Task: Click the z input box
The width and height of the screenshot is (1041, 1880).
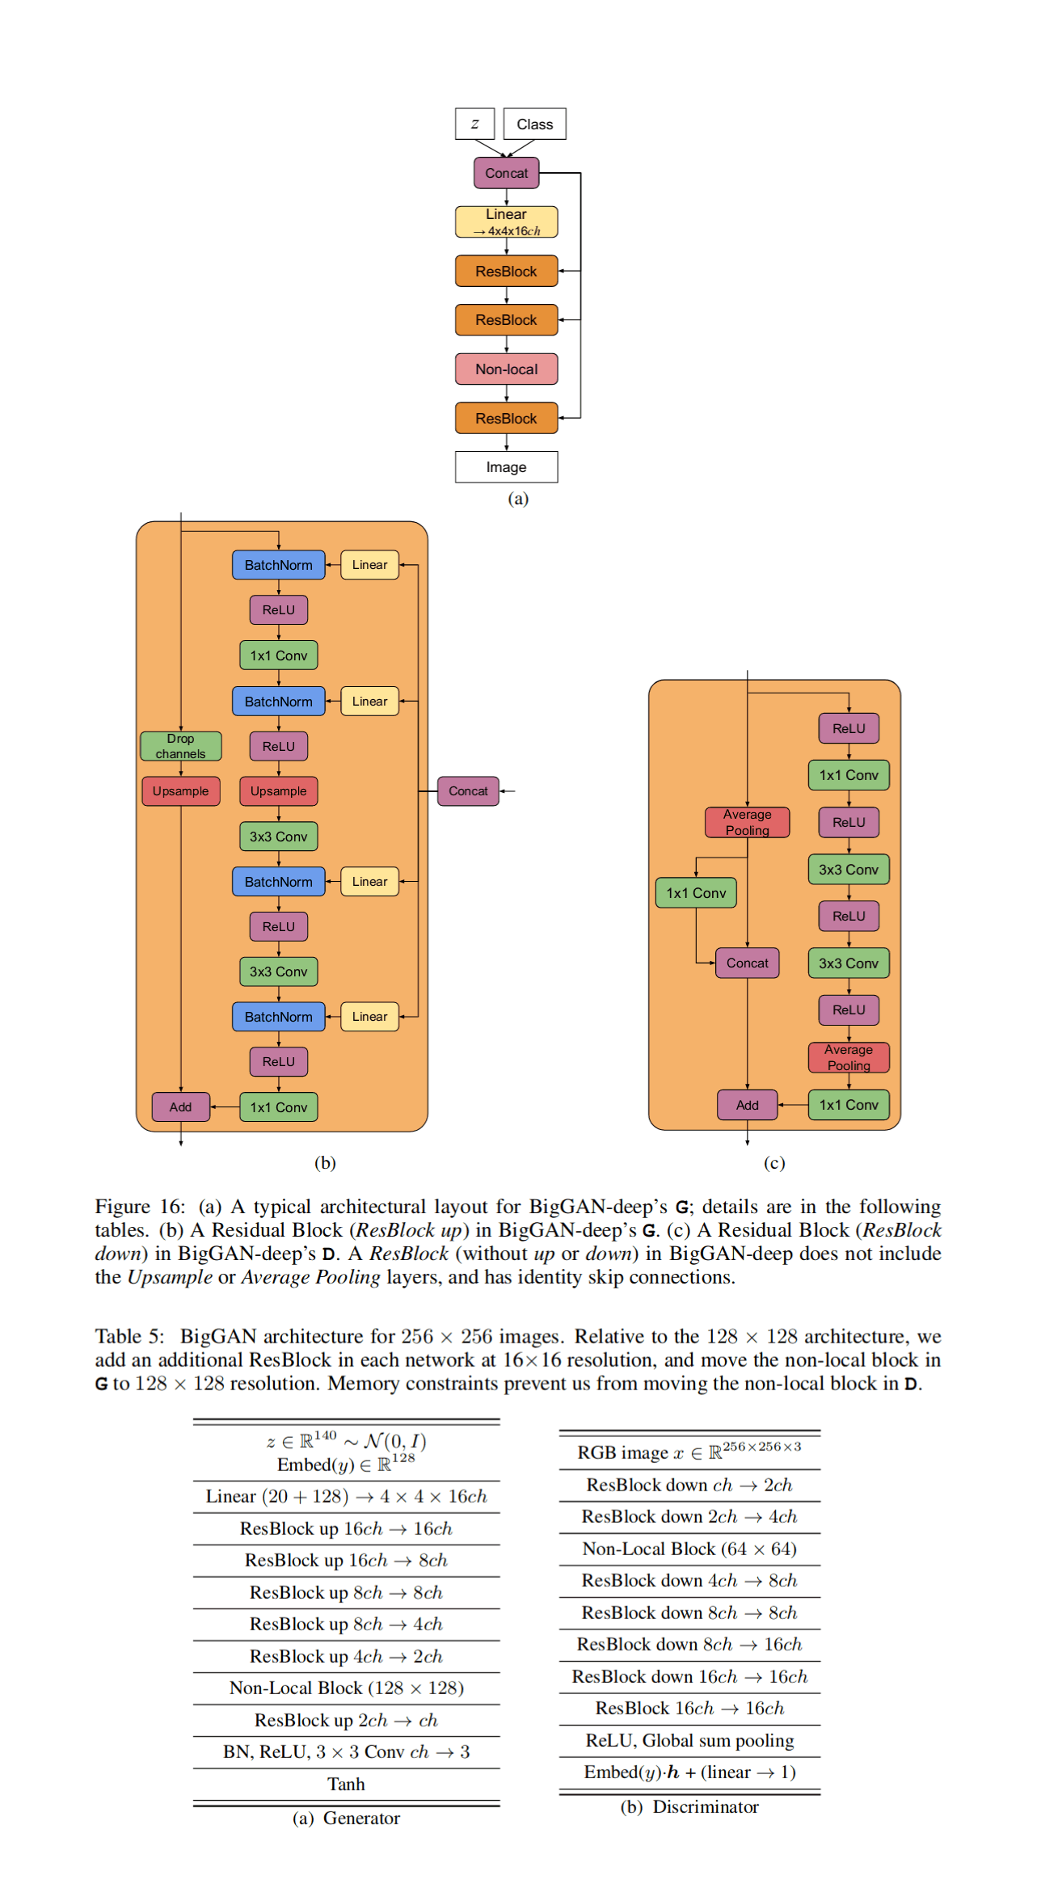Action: coord(474,124)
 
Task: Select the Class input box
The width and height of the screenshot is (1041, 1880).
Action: coord(534,124)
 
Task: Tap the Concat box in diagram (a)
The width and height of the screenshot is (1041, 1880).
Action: coord(506,173)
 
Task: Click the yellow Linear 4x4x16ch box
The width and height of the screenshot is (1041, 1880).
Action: coord(506,222)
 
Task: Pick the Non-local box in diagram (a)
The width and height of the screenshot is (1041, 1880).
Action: coord(506,369)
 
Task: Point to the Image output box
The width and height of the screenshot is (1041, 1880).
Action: coord(506,467)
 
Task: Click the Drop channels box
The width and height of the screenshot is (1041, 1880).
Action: coord(180,746)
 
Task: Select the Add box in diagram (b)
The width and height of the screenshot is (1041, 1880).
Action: coord(180,1107)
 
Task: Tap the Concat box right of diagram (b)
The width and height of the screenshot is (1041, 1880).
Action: coord(468,791)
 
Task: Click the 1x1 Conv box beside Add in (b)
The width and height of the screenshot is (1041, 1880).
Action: coord(278,1107)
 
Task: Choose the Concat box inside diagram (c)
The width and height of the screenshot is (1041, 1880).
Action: coord(747,963)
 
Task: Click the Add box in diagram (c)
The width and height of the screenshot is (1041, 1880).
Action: coord(747,1105)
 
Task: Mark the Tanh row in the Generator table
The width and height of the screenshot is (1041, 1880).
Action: coord(346,1784)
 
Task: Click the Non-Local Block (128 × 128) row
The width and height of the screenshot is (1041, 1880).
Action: coord(346,1688)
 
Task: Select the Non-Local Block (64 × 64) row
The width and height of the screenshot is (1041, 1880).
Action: coord(689,1549)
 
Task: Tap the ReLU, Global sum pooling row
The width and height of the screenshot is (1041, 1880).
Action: coord(689,1740)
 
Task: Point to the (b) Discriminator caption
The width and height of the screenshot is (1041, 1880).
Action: coord(689,1806)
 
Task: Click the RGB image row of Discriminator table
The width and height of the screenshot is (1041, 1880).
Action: coord(689,1452)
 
